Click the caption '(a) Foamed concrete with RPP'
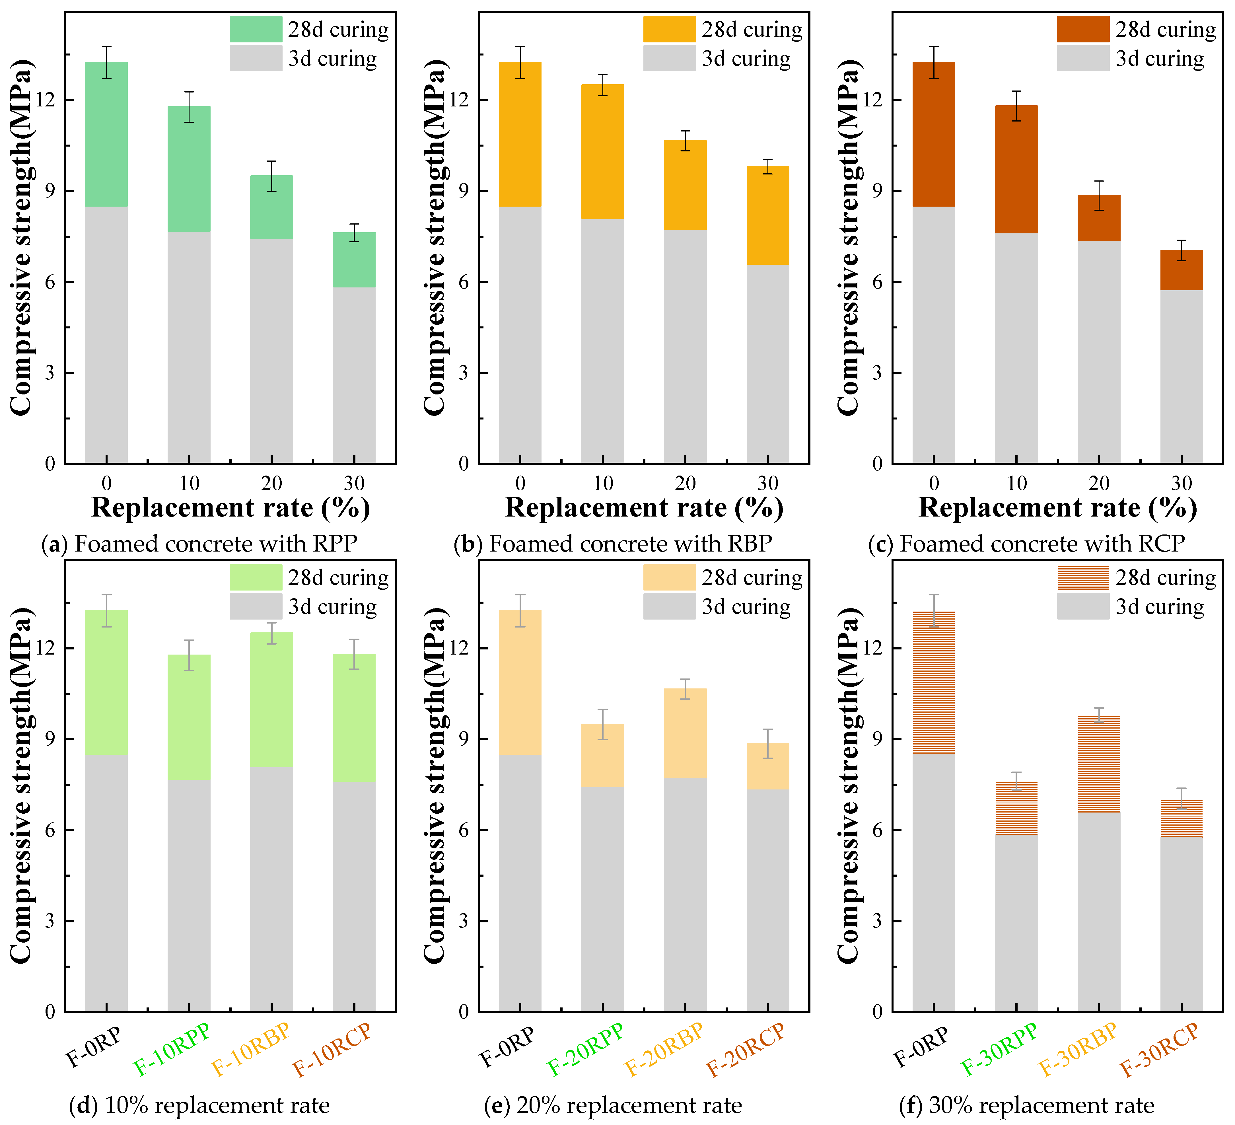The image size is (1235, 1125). click(x=199, y=544)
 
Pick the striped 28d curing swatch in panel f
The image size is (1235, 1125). click(x=1082, y=577)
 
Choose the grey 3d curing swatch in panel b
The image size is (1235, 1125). click(x=669, y=58)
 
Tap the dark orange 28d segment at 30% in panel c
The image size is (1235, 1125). click(x=1181, y=270)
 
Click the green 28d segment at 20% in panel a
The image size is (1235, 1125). click(x=271, y=207)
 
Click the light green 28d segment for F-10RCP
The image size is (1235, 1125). click(x=354, y=717)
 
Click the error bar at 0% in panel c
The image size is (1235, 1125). click(x=934, y=62)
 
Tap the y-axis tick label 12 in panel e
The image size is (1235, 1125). click(x=461, y=648)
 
